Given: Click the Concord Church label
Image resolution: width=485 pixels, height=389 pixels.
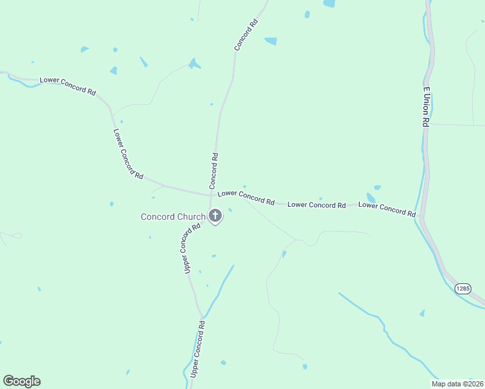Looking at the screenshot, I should point(173,217).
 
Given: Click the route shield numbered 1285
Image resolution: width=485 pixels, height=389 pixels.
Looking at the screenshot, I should point(463,289).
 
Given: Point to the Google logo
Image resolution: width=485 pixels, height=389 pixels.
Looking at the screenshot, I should point(21,381).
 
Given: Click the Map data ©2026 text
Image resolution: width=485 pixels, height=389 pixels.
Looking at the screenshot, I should point(456,384).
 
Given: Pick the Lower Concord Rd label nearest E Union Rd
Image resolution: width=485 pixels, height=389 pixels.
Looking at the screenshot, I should point(386,209).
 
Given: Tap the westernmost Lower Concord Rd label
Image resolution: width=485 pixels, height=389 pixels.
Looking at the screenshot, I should point(67,86).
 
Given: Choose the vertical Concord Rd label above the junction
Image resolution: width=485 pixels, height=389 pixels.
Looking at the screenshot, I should point(213,171).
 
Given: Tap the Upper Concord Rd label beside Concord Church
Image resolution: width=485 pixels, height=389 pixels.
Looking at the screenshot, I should point(191,248).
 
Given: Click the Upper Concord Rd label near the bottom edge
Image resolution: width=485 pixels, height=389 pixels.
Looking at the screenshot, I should point(198,349).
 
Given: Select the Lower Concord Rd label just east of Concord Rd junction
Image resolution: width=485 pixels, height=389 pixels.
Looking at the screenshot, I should point(246,197).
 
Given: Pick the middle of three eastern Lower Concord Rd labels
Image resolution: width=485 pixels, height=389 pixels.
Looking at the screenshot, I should point(316,205).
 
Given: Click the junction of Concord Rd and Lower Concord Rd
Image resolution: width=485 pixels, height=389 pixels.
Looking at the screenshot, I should point(213,194).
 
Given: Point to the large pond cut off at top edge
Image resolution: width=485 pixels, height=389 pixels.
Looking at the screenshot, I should point(329,3).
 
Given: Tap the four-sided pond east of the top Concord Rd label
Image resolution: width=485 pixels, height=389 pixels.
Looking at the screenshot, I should point(271,41).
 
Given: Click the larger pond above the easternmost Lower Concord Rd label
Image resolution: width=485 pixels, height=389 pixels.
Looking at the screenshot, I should point(371,198).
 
